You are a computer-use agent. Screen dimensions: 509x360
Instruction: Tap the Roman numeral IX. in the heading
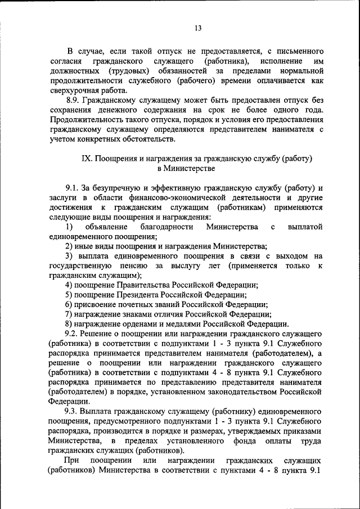point(87,159)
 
